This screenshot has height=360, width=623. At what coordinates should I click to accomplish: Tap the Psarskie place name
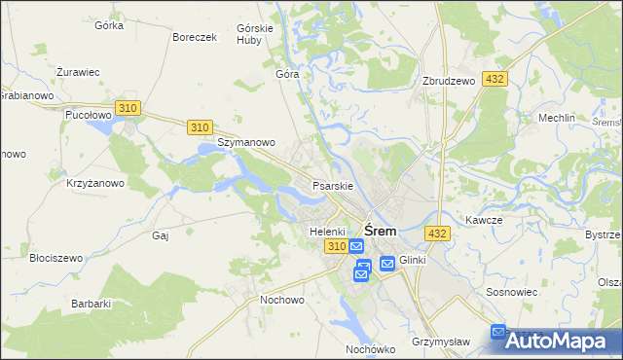(331, 185)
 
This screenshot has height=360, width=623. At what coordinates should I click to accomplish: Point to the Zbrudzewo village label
(449, 81)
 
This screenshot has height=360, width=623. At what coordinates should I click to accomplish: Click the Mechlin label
(557, 118)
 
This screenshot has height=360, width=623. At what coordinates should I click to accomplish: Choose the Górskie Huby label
(254, 35)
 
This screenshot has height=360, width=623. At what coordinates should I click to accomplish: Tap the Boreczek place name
(193, 37)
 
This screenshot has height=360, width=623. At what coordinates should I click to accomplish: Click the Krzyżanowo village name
(94, 183)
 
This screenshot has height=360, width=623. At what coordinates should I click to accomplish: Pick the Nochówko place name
(369, 348)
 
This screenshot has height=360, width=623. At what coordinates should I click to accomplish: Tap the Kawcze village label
(483, 220)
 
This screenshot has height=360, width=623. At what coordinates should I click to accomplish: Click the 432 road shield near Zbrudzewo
(495, 79)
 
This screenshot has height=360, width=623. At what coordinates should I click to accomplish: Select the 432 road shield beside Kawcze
(437, 234)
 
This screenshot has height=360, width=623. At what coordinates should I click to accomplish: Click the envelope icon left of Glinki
(387, 262)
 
